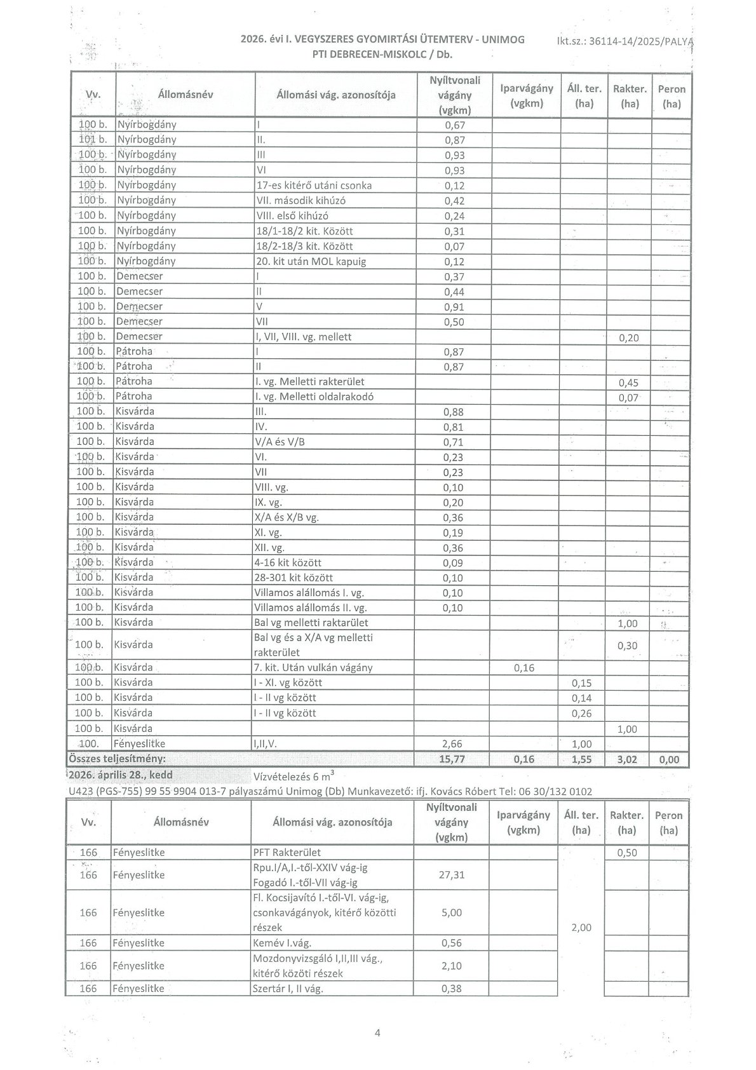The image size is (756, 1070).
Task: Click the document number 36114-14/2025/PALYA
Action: click(624, 41)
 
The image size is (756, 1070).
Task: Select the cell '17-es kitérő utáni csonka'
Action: click(313, 186)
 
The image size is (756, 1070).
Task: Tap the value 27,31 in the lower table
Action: click(452, 875)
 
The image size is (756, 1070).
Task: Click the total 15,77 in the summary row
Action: click(452, 759)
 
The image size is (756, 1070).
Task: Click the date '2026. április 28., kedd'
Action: click(119, 775)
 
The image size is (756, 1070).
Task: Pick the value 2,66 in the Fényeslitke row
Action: click(452, 744)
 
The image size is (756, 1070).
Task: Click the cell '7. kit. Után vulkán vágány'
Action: click(313, 668)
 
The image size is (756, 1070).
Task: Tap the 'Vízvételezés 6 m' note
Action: click(292, 776)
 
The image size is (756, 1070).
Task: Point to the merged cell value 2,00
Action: click(581, 928)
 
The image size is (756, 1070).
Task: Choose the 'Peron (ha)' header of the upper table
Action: click(671, 96)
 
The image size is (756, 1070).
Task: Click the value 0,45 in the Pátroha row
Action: click(628, 383)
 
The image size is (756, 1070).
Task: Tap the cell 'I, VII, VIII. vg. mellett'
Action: click(303, 337)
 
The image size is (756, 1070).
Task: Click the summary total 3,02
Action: click(628, 759)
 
